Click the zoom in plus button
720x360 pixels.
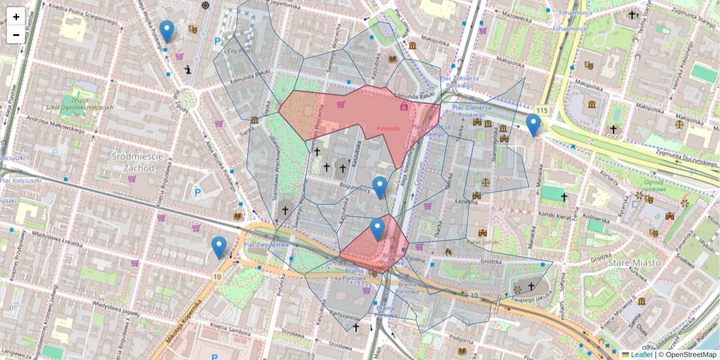pyautogui.click(x=16, y=17)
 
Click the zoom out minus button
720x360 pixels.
pyautogui.click(x=16, y=35)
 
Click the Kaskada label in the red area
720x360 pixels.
pyautogui.click(x=388, y=128)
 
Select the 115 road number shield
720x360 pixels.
pyautogui.click(x=542, y=110)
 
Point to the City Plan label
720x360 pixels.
pyautogui.click(x=239, y=52)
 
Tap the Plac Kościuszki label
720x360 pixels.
pyautogui.click(x=21, y=180)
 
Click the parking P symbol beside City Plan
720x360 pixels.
pyautogui.click(x=217, y=42)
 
